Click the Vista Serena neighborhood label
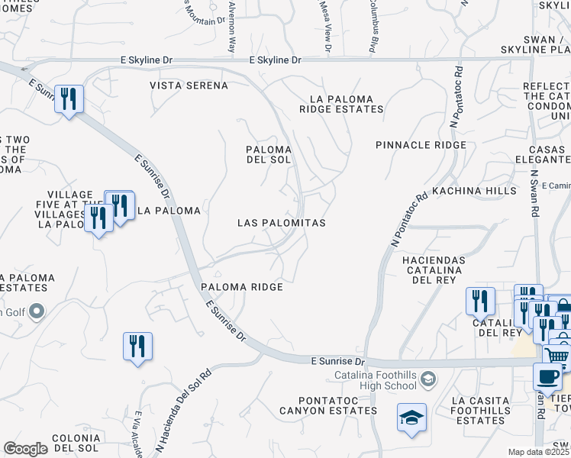[x=189, y=85]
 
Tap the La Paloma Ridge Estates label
[x=346, y=105]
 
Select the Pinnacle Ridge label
[x=421, y=145]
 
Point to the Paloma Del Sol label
[x=268, y=154]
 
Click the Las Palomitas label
[x=282, y=223]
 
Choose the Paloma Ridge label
[x=242, y=287]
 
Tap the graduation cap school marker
[x=411, y=418]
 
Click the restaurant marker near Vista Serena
[x=69, y=99]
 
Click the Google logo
[x=25, y=449]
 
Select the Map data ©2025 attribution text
[x=539, y=452]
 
